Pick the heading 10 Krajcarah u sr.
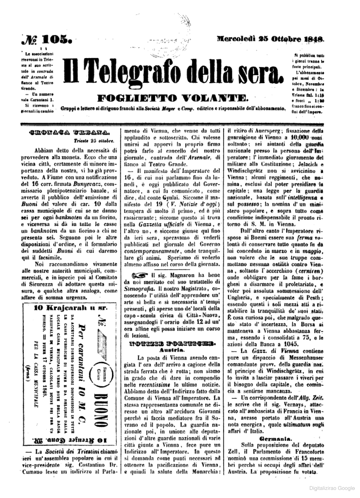[70, 308]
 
